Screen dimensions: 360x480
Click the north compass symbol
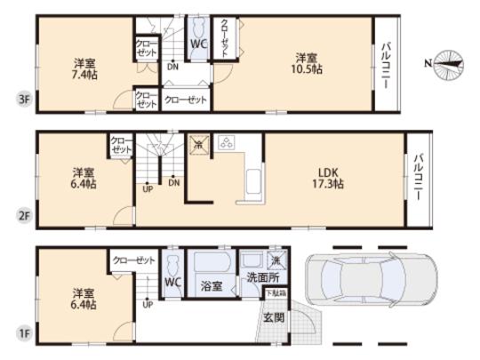pyautogui.click(x=450, y=63)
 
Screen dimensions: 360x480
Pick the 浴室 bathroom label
pyautogui.click(x=212, y=286)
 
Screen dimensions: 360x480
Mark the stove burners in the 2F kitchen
pyautogui.click(x=227, y=142)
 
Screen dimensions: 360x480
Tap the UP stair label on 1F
pyautogui.click(x=147, y=303)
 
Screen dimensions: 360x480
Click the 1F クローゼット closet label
pyautogui.click(x=134, y=260)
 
